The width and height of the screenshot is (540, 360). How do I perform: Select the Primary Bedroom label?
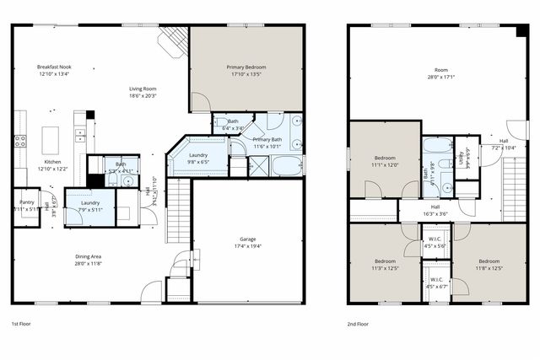tap(246, 66)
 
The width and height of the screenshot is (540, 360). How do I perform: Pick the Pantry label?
tap(27, 202)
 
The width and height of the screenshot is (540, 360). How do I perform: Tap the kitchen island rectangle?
tap(51, 137)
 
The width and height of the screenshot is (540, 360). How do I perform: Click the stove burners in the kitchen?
tap(19, 141)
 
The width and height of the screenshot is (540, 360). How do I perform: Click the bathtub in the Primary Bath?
tap(286, 164)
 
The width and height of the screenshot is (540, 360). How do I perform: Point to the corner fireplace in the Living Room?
tap(174, 39)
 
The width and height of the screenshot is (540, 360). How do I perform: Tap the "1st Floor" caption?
tap(22, 324)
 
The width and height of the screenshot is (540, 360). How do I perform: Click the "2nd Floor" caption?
tap(358, 324)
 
